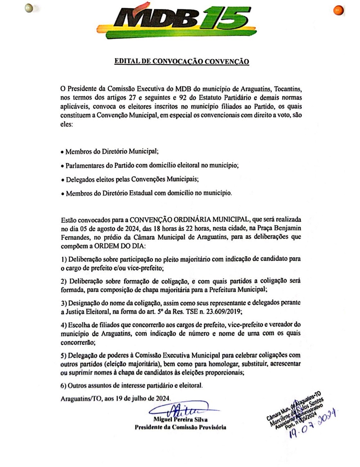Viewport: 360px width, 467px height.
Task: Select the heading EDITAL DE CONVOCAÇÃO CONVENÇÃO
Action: tap(181, 62)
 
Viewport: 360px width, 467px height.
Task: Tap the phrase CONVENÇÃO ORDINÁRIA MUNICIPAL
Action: tap(190, 219)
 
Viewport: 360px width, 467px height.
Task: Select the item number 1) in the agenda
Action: tap(64, 259)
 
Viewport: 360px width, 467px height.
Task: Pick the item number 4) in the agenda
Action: tap(64, 325)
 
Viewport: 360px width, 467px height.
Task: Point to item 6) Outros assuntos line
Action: tap(132, 386)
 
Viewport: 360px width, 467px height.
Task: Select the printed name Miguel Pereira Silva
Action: tap(180, 420)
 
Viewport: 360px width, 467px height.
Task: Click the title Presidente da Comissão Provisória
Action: tap(180, 427)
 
